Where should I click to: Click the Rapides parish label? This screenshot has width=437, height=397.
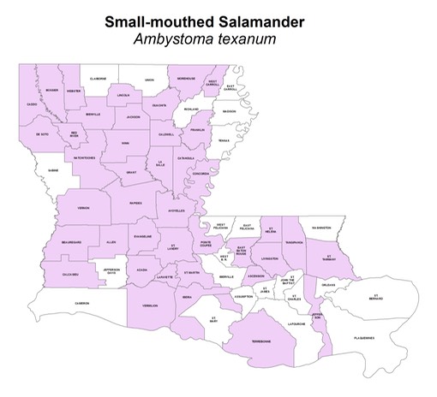point(135,204)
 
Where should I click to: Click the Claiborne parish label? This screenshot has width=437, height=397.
point(99,78)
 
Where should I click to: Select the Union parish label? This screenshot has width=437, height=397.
point(149,78)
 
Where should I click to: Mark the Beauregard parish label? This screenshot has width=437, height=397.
point(71,242)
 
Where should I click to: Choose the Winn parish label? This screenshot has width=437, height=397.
point(126,143)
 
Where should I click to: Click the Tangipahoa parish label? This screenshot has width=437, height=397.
point(295,242)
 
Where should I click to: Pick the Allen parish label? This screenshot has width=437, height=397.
point(111,242)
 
